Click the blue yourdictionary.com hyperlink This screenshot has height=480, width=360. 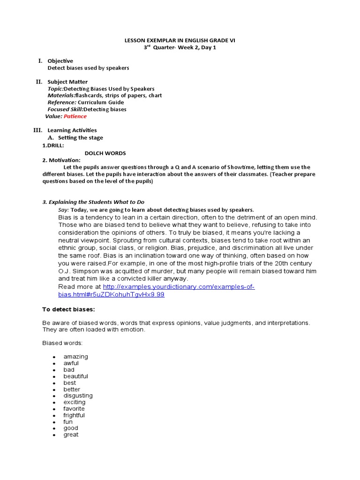pos(178,287)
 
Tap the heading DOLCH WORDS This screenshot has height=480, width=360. pos(105,153)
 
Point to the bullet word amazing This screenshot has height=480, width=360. pos(75,357)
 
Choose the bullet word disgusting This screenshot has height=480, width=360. pos(78,396)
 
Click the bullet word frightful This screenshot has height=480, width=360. pos(74,415)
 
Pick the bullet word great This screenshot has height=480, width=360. pos(71,435)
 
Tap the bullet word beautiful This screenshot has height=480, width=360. pos(75,376)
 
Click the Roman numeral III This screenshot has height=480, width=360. pos(38,130)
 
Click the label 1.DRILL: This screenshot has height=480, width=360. pos(53,146)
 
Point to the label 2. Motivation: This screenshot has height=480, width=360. pos(61,160)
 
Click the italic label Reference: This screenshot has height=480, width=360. pos(62,102)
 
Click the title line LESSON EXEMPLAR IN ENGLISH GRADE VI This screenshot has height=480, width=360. pos(180,41)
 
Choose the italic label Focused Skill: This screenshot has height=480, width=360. pos(65,109)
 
